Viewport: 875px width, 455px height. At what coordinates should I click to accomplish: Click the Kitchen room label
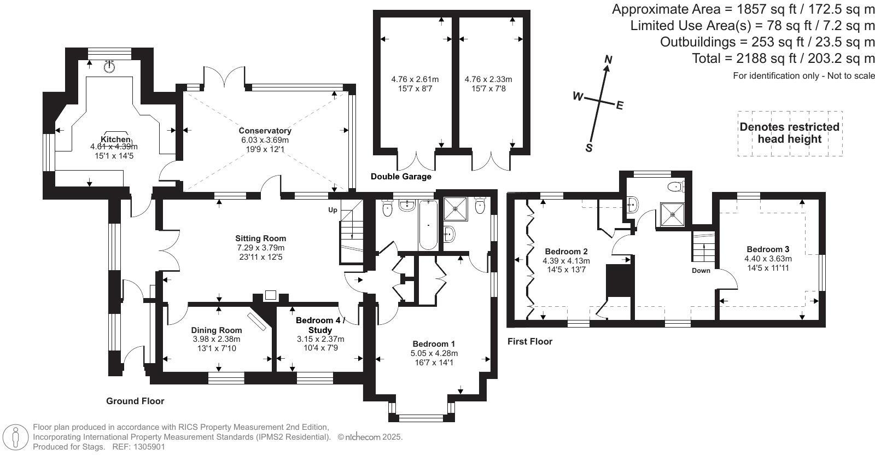point(115,139)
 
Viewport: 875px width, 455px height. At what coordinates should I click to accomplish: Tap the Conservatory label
point(265,131)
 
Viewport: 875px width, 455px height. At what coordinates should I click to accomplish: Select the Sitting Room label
point(260,238)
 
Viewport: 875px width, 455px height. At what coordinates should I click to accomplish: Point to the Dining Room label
point(216,330)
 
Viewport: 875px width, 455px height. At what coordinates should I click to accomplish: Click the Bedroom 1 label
point(434,344)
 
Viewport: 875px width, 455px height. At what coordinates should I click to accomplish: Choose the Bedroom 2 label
point(566,252)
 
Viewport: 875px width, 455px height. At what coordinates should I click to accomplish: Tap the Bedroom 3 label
point(767,249)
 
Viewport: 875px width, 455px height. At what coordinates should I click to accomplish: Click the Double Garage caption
point(401,177)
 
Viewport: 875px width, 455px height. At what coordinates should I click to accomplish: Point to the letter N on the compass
point(608,59)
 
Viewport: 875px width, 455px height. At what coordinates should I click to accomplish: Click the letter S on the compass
point(589,148)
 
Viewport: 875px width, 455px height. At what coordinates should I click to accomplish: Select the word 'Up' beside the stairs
point(332,210)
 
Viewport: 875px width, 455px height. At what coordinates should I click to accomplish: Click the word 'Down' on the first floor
point(701,271)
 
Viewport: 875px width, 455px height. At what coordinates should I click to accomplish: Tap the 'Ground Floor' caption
point(135,401)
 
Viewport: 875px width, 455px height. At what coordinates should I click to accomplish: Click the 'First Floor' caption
point(529,342)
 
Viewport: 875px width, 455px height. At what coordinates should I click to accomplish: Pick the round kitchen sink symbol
point(110,67)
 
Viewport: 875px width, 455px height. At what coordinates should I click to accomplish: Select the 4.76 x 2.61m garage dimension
point(415,79)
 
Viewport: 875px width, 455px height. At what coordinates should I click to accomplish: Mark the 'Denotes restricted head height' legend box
point(789,133)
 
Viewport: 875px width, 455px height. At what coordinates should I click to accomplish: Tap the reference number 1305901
point(146,447)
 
